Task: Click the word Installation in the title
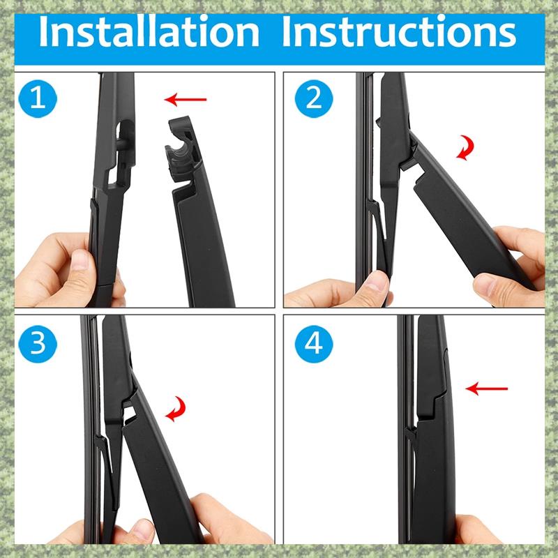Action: [149, 31]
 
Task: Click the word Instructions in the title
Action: [399, 31]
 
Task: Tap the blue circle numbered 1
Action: [38, 98]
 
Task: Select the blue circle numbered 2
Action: [314, 98]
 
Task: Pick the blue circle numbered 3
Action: [38, 344]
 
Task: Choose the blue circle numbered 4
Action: [314, 344]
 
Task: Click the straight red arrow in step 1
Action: [186, 99]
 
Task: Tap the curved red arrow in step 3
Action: [176, 409]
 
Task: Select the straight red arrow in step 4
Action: [486, 389]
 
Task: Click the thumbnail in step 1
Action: [80, 260]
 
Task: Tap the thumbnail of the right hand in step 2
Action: [487, 284]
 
